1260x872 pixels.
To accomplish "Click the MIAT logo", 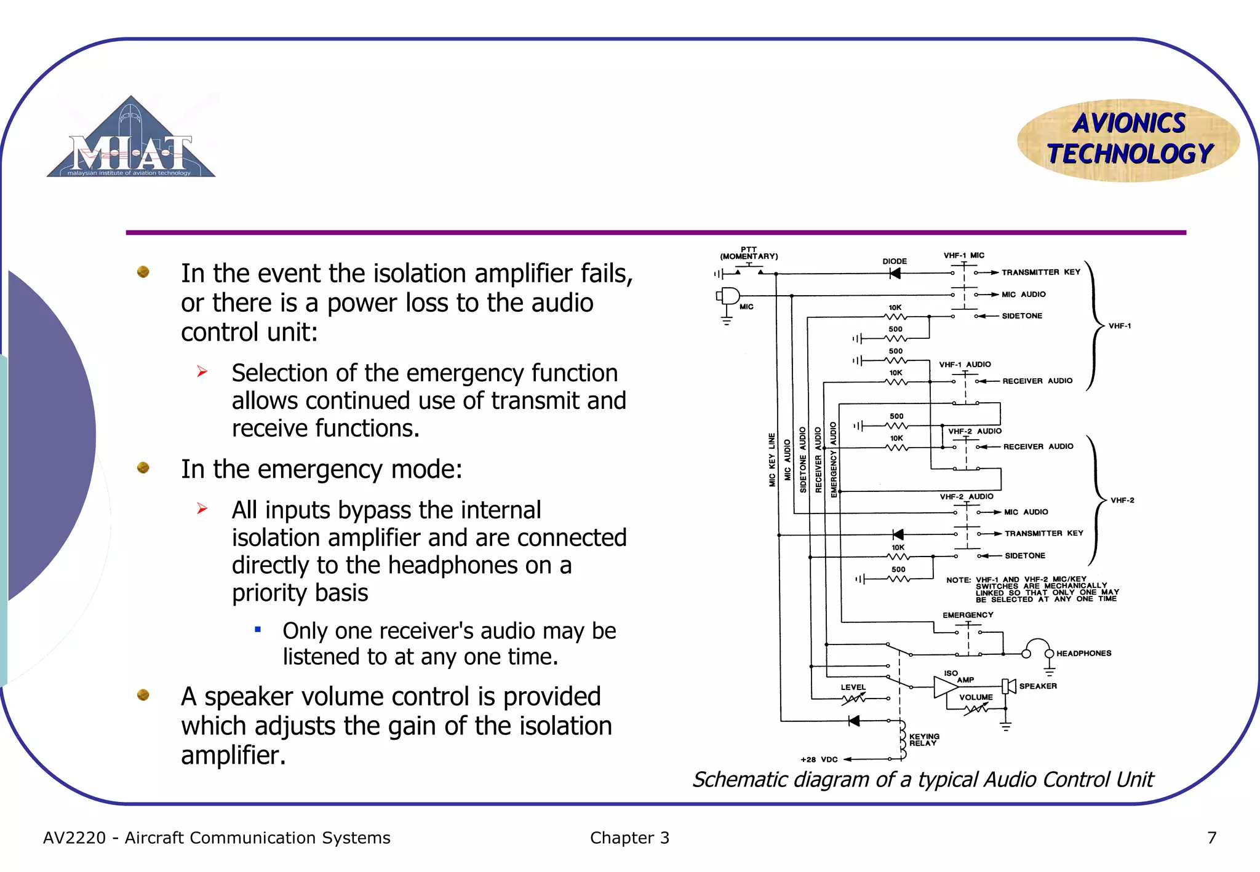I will [131, 140].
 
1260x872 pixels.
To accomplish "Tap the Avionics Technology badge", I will [1128, 140].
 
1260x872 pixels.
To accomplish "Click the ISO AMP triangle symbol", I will [945, 687].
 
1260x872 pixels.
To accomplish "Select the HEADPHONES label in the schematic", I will [1083, 653].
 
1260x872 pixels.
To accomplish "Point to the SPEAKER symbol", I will [1008, 686].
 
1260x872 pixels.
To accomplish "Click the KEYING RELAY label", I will [924, 740].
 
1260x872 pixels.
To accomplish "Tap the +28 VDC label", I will [819, 759].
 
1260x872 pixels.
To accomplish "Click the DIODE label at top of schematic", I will [895, 261].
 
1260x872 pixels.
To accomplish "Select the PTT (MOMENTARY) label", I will [749, 253].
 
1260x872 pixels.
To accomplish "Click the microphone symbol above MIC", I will [729, 296].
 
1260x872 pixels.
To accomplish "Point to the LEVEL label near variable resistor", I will [853, 688].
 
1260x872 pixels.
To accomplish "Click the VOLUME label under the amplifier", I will [976, 697].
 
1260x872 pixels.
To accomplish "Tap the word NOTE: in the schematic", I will [958, 580].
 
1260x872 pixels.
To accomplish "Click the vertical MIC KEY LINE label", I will [772, 460].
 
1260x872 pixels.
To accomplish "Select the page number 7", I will [1211, 838].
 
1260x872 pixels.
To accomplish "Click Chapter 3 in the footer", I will [629, 838].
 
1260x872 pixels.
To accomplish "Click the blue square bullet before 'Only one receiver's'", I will [258, 629].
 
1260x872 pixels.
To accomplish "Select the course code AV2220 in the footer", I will [74, 838].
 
